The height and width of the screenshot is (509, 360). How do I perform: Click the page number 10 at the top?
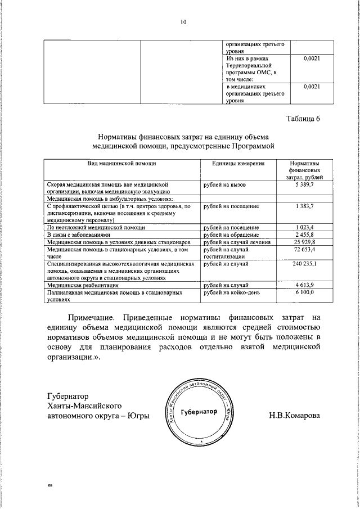(183, 22)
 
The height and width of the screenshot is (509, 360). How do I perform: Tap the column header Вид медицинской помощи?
(121, 163)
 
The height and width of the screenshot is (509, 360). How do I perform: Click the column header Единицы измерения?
(238, 163)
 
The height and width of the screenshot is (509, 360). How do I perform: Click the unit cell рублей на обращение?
(231, 235)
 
